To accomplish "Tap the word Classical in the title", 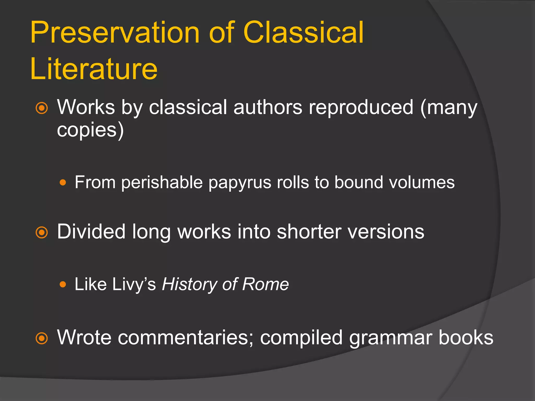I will point(303,33).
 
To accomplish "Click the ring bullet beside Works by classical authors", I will point(42,108).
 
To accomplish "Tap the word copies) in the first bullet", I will point(90,130).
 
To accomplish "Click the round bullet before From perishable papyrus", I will point(63,182).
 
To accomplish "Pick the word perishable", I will point(162,182).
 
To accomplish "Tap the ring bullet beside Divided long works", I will point(42,232).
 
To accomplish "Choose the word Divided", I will point(91,232).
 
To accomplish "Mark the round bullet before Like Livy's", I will point(63,284).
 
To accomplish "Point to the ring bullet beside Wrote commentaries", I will point(42,338).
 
